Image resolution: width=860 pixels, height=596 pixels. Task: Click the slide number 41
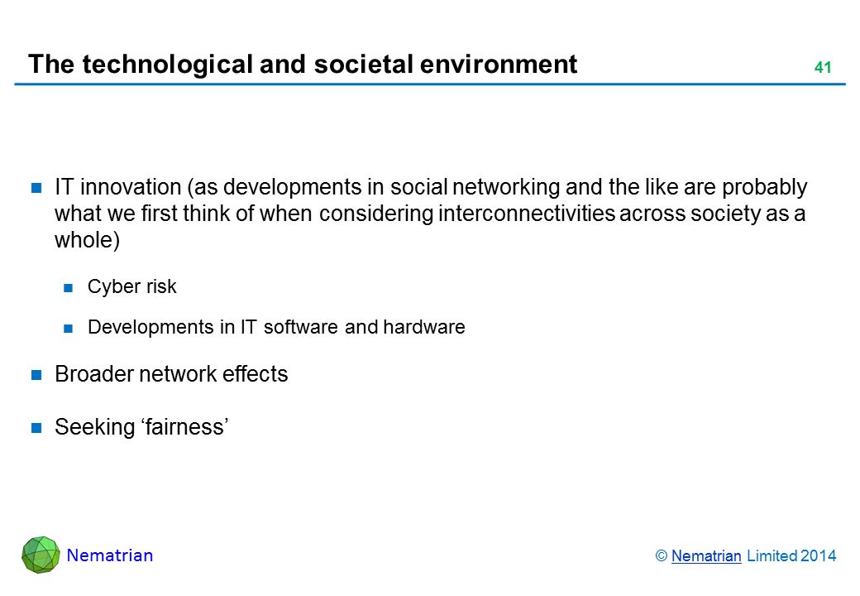tap(823, 68)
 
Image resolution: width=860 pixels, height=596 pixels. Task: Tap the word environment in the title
tap(499, 65)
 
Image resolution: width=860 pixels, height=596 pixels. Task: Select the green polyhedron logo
tap(41, 555)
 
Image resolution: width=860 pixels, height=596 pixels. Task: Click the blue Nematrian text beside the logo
tap(110, 555)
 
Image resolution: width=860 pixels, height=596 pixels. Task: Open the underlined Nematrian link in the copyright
tap(706, 556)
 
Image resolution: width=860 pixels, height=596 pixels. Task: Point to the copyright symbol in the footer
tap(661, 556)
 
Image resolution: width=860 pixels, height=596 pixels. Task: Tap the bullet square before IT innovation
tap(36, 188)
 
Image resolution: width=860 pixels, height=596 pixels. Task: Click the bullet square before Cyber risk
tap(68, 287)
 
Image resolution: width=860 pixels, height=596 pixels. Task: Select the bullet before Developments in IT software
tap(68, 328)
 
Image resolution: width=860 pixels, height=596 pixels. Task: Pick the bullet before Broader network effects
tap(36, 375)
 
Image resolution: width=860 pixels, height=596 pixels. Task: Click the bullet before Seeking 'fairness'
tap(36, 427)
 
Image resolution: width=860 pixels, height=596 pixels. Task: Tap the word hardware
tap(424, 327)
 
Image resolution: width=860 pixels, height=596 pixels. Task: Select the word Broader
tap(94, 374)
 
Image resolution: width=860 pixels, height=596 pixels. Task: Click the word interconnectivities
tap(527, 214)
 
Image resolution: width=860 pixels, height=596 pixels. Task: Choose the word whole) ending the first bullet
tap(87, 240)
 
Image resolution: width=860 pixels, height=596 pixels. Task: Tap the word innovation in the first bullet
tap(131, 187)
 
